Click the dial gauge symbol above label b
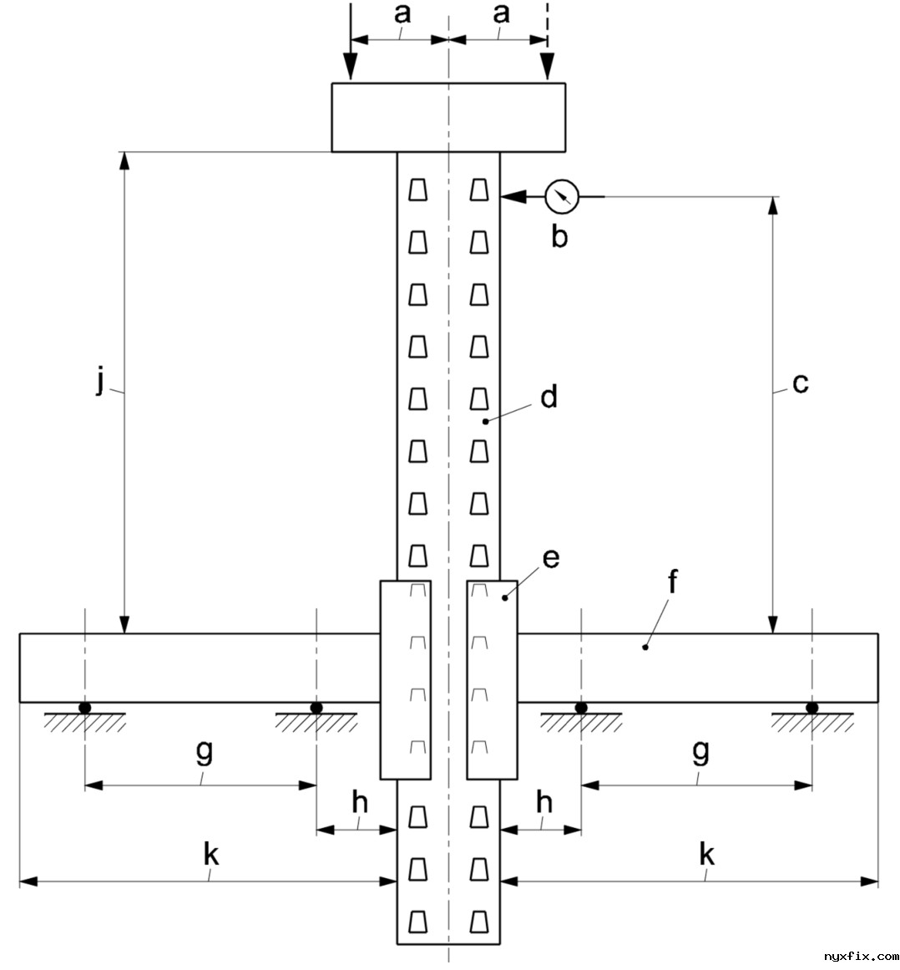tap(561, 197)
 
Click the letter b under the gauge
tap(559, 236)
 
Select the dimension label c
tap(800, 383)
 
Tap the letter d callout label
tap(549, 397)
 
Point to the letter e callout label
tap(550, 558)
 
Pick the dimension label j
tap(100, 382)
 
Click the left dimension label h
tap(359, 802)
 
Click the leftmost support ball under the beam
tap(85, 708)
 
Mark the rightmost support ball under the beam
tap(812, 708)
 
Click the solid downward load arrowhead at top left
tap(351, 69)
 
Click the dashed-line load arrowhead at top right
tap(548, 69)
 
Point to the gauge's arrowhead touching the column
tap(511, 197)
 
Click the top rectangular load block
tap(448, 117)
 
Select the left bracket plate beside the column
tap(406, 679)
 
